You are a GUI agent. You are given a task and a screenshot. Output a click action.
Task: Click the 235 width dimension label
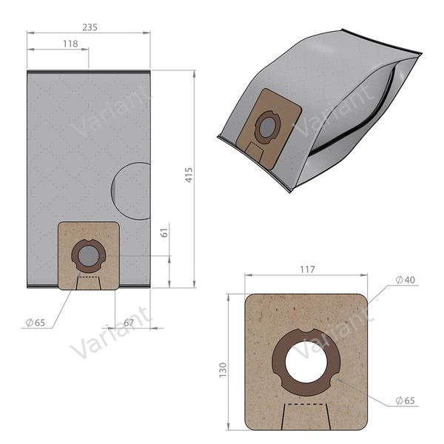pyautogui.click(x=89, y=27)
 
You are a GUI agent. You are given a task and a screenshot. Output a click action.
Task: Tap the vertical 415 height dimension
pyautogui.click(x=189, y=175)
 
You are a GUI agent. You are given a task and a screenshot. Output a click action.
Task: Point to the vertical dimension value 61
pyautogui.click(x=165, y=234)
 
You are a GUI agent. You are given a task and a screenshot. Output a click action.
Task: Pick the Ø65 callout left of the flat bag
pyautogui.click(x=36, y=323)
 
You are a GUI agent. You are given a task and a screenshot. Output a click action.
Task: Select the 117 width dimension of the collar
pyautogui.click(x=306, y=271)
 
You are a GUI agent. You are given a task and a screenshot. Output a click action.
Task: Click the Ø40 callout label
pyautogui.click(x=406, y=280)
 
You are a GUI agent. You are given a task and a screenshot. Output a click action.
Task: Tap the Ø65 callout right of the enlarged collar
pyautogui.click(x=406, y=400)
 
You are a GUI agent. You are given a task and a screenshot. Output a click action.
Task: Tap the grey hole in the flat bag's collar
pyautogui.click(x=88, y=256)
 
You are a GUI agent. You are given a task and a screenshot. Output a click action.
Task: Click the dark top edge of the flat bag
pyautogui.click(x=88, y=71)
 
